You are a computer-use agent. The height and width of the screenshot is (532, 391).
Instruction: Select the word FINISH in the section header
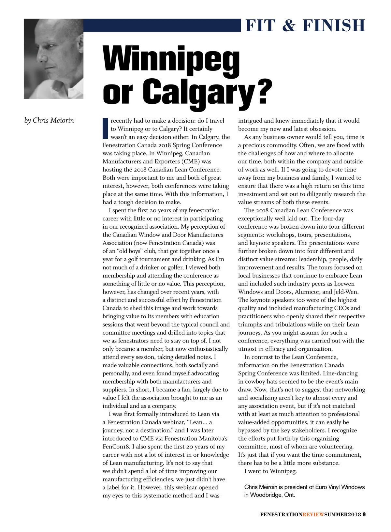point(334,26)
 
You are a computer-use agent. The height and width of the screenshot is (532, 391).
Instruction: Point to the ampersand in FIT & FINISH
point(289,26)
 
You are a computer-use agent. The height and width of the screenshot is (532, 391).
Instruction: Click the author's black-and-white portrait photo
point(53,59)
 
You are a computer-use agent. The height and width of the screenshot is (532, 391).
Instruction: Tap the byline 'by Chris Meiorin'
point(49,120)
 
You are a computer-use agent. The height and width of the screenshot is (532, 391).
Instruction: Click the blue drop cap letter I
point(105,128)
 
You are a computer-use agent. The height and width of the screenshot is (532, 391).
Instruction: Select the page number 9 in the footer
point(364,514)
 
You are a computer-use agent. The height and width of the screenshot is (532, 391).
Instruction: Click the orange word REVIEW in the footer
point(313,514)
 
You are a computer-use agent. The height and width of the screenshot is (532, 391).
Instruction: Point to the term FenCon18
point(116,447)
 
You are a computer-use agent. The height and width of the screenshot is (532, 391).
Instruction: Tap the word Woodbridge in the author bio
point(264,495)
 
